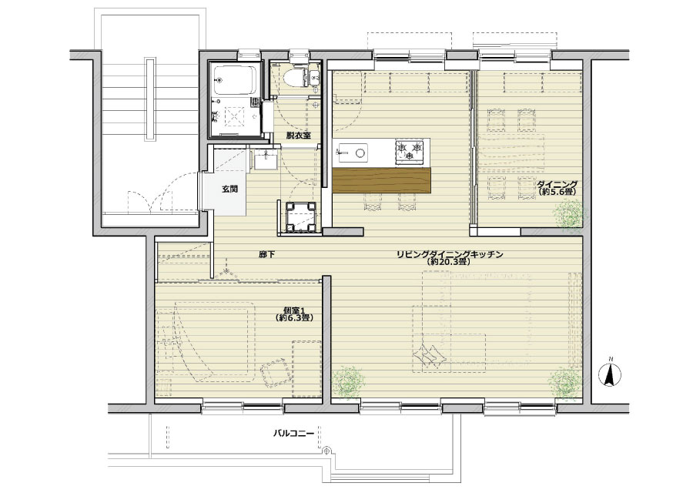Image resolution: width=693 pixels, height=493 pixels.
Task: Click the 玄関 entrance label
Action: pyautogui.click(x=229, y=189)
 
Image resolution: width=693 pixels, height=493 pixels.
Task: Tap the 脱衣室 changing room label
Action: pyautogui.click(x=298, y=136)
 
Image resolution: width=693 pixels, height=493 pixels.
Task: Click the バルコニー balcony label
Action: pyautogui.click(x=293, y=433)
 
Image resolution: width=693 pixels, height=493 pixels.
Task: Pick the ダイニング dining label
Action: pyautogui.click(x=557, y=184)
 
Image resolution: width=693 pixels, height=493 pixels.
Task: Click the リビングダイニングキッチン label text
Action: pyautogui.click(x=450, y=255)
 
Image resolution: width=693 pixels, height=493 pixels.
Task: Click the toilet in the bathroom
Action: pyautogui.click(x=294, y=79)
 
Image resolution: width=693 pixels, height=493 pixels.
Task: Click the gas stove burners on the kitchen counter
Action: pyautogui.click(x=410, y=150)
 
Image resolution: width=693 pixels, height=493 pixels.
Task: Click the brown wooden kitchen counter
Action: pyautogui.click(x=381, y=180)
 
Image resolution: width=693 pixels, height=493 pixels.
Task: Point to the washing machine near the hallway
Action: pyautogui.click(x=301, y=216)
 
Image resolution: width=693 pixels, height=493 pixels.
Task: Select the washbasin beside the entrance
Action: pyautogui.click(x=266, y=159)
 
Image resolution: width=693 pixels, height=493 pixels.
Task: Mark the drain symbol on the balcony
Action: pyautogui.click(x=326, y=451)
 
